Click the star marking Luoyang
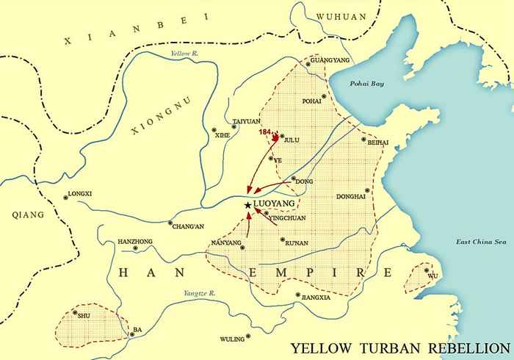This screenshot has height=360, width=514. click(247, 205)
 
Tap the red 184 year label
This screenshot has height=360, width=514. click(267, 132)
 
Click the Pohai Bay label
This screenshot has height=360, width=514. click(366, 84)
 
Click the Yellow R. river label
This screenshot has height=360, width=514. click(184, 54)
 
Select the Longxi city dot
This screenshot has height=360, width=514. click(62, 195)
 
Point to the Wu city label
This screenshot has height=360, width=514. click(432, 276)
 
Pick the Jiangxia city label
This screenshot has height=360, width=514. click(314, 298)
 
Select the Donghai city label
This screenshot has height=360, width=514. click(350, 197)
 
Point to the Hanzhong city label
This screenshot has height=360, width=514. click(134, 242)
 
